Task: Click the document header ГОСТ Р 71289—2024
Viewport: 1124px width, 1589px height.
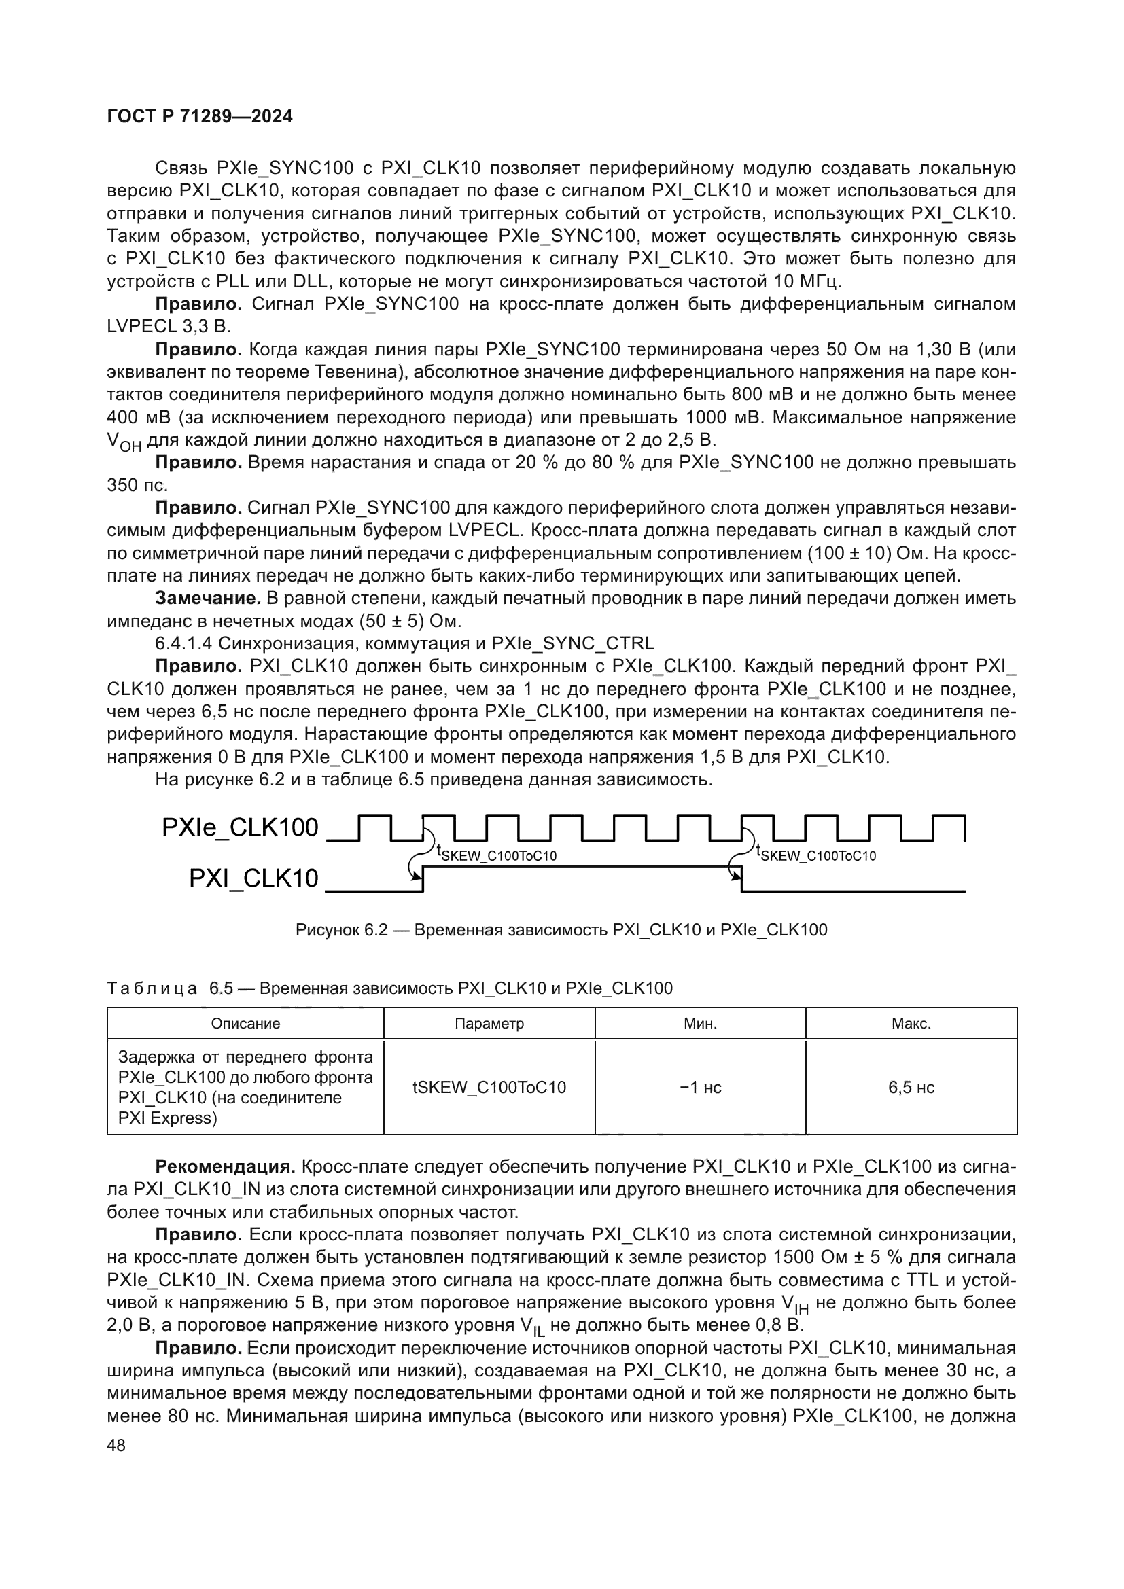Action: (200, 116)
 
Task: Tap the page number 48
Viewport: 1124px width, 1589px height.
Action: (116, 1446)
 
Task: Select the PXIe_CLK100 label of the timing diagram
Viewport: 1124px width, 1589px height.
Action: (239, 827)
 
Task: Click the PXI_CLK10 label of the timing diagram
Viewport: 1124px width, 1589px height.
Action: (253, 878)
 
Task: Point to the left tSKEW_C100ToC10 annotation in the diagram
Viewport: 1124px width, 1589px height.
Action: (496, 854)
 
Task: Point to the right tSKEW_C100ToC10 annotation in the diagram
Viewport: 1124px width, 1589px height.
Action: (816, 854)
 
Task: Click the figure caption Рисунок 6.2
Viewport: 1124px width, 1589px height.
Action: (561, 929)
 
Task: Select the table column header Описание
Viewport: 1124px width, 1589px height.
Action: (245, 1024)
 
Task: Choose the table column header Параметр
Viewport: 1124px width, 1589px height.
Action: (489, 1024)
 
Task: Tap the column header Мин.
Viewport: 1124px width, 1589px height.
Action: (701, 1024)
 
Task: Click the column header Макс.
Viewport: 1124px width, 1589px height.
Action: (911, 1024)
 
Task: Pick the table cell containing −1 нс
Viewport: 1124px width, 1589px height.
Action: (701, 1087)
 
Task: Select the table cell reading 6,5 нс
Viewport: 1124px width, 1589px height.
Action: (911, 1087)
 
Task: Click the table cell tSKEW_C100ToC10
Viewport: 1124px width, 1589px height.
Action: (489, 1087)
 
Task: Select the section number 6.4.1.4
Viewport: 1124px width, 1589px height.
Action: (183, 643)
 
